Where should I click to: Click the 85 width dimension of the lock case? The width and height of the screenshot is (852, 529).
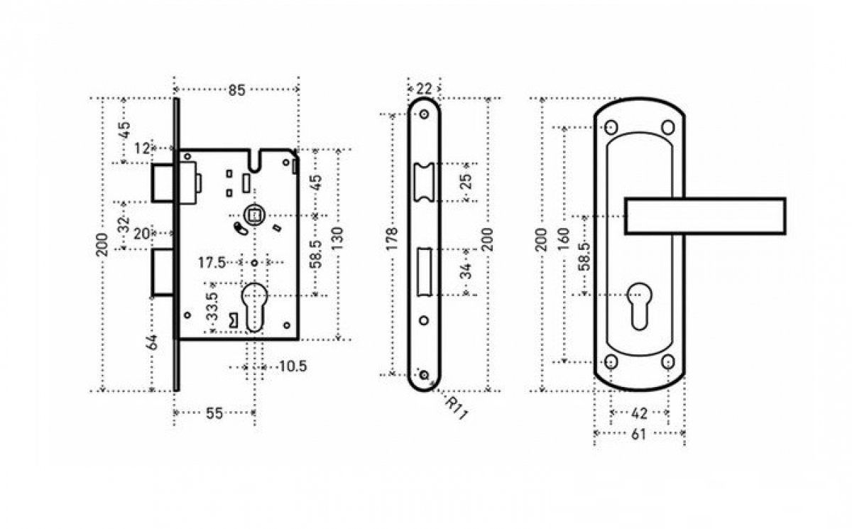[x=236, y=90]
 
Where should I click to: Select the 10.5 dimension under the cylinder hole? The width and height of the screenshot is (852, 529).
[x=292, y=367]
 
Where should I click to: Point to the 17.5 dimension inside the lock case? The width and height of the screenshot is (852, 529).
[x=212, y=263]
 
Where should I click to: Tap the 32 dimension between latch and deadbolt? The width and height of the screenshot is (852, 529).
[x=124, y=226]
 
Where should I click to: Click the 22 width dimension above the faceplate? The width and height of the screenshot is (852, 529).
[x=424, y=89]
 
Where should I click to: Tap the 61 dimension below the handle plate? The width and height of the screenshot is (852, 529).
[x=639, y=434]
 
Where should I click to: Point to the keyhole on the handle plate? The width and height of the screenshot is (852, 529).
[x=639, y=302]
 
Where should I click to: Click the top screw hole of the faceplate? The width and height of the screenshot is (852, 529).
[x=425, y=115]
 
